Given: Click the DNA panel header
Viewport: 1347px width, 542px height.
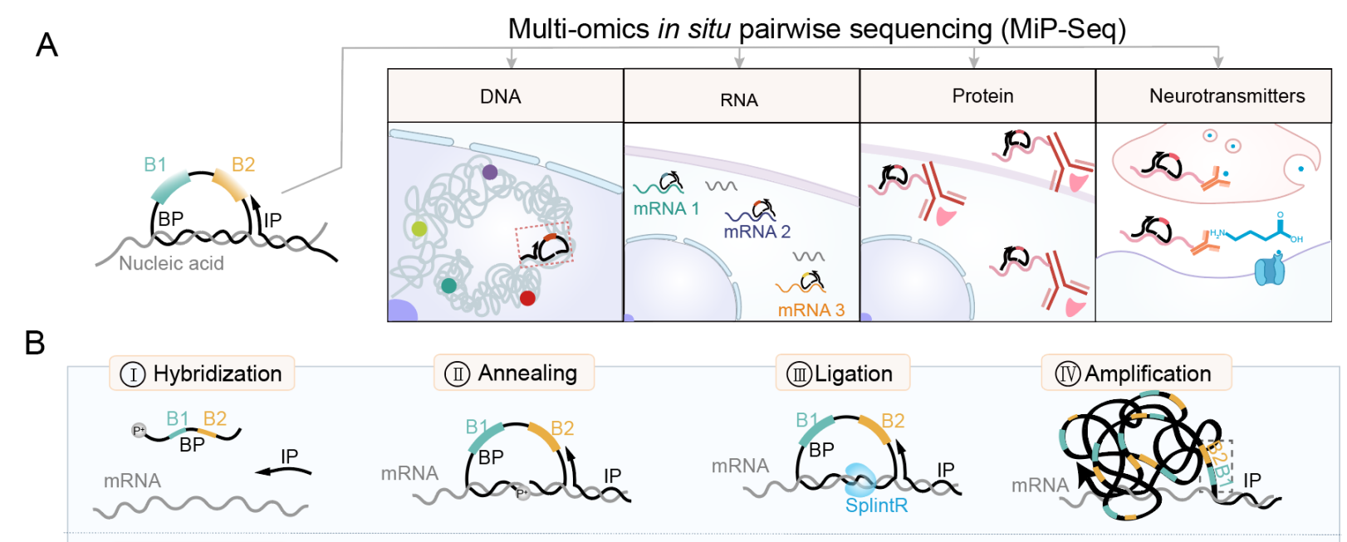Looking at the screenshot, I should (501, 96).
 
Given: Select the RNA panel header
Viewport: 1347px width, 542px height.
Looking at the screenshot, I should (739, 100).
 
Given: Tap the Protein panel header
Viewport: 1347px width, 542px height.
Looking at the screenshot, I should (982, 96).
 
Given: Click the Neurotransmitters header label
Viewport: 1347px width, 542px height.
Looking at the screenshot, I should (1227, 96).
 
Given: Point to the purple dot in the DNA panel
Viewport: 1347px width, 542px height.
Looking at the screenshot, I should (490, 172).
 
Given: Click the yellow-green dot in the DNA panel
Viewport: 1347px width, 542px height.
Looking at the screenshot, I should (419, 228).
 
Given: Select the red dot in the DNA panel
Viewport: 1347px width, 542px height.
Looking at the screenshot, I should (527, 297).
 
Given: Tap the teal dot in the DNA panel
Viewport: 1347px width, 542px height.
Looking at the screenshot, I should (448, 286).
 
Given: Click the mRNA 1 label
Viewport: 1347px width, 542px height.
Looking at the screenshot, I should (666, 208).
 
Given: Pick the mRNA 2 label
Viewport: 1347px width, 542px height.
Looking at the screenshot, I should (757, 232).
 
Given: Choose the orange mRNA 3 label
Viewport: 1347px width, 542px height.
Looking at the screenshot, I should (811, 310).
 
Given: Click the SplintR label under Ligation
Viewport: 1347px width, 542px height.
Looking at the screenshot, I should (876, 505).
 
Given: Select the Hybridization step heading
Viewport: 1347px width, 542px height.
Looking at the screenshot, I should (202, 374).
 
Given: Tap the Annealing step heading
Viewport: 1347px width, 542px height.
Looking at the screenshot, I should (514, 373).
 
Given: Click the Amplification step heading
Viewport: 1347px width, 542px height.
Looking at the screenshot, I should (1135, 374).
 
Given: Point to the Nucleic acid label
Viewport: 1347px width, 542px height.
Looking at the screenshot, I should (171, 263).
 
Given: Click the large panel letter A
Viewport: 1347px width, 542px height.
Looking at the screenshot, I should (47, 45).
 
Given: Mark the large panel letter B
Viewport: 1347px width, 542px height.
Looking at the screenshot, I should (35, 343).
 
